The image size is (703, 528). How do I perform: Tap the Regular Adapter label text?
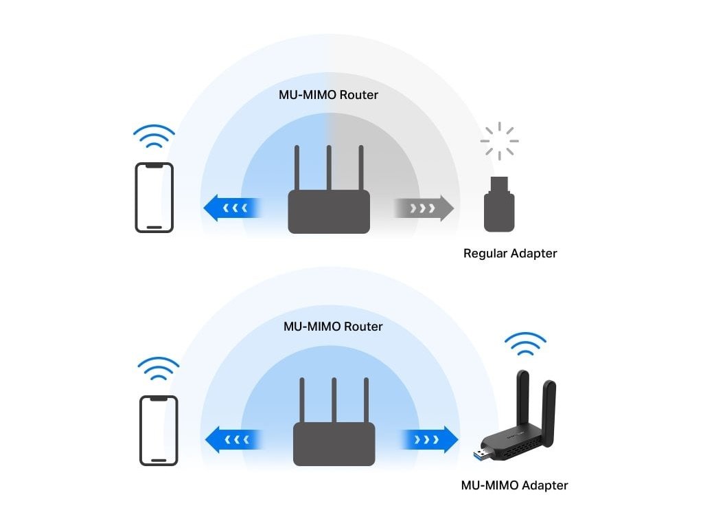click(510, 254)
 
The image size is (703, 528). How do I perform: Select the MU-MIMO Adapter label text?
click(514, 485)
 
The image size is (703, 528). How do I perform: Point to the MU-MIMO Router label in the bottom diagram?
click(333, 327)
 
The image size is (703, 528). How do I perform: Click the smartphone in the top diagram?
click(154, 197)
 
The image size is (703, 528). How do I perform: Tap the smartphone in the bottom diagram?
click(159, 430)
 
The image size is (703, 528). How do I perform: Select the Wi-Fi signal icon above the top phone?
click(154, 137)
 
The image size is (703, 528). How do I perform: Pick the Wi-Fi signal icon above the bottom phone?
click(159, 369)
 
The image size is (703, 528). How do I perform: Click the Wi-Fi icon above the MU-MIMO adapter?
click(525, 344)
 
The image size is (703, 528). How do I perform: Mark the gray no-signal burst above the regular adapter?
click(499, 141)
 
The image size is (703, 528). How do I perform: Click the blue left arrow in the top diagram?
click(232, 208)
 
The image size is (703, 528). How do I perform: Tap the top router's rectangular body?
click(329, 211)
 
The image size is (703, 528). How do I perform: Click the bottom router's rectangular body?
click(334, 443)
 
